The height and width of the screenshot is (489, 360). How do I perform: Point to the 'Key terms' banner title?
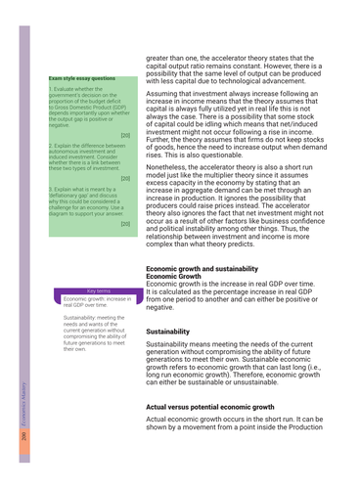click(96, 290)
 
